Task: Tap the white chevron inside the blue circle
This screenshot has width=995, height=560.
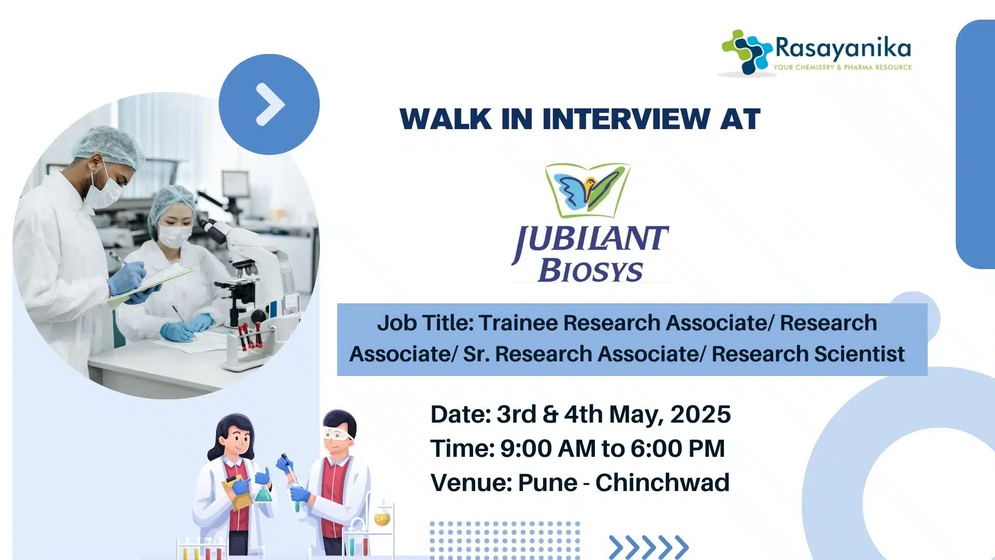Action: click(270, 104)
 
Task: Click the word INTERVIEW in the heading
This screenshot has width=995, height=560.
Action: click(627, 119)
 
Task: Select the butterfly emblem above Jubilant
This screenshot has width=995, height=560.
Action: click(588, 190)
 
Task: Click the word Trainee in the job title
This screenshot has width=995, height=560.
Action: click(518, 323)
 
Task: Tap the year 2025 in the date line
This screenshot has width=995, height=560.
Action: click(700, 414)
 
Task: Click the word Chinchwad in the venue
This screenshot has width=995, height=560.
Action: click(662, 483)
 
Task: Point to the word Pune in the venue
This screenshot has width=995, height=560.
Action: click(547, 483)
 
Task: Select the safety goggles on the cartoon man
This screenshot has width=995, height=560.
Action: click(337, 435)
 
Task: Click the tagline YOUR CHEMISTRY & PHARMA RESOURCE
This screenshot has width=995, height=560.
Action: click(843, 67)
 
